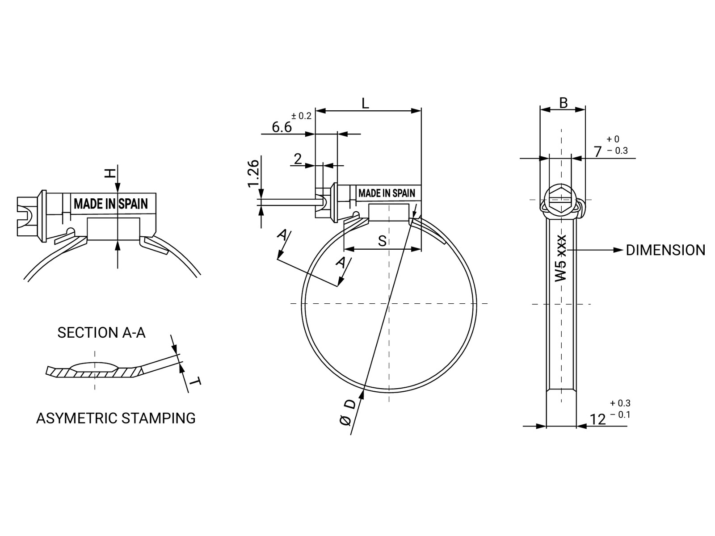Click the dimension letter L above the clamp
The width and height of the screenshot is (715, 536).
pos(365,104)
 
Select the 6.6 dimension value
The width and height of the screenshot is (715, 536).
pos(282,127)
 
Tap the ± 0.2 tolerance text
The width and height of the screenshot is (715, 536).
pos(301,116)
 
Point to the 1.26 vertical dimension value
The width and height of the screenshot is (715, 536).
pos(253,173)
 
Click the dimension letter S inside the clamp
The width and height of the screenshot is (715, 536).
pos(382,241)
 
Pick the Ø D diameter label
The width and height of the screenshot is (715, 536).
pos(347,413)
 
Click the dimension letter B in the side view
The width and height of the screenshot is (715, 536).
pos(563,103)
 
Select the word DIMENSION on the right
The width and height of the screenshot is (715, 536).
pos(665,250)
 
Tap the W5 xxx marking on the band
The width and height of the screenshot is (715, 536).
pos(560,258)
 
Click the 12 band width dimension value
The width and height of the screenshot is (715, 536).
pos(598,419)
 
